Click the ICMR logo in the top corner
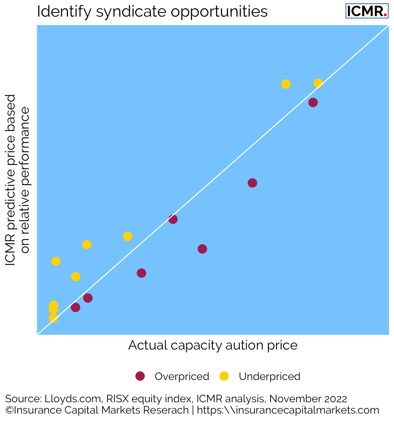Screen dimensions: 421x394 (366, 11)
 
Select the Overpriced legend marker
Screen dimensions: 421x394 (140, 376)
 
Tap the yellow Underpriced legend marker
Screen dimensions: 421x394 (224, 376)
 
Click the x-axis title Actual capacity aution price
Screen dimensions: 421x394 (212, 345)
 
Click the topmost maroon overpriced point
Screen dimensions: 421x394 (313, 103)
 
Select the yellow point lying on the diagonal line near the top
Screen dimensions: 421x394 (318, 83)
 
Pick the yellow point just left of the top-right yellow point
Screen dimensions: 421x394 (286, 84)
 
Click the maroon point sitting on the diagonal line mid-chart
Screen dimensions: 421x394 (173, 219)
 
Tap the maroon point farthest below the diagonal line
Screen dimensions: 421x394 (202, 249)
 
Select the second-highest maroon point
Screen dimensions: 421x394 (252, 183)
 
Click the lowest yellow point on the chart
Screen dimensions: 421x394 (53, 318)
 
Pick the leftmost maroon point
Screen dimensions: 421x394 (75, 307)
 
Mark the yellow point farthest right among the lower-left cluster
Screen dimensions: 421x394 (128, 236)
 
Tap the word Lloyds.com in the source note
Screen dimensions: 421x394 (73, 399)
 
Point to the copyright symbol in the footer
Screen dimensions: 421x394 (9, 410)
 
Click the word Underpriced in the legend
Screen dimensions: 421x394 (269, 376)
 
